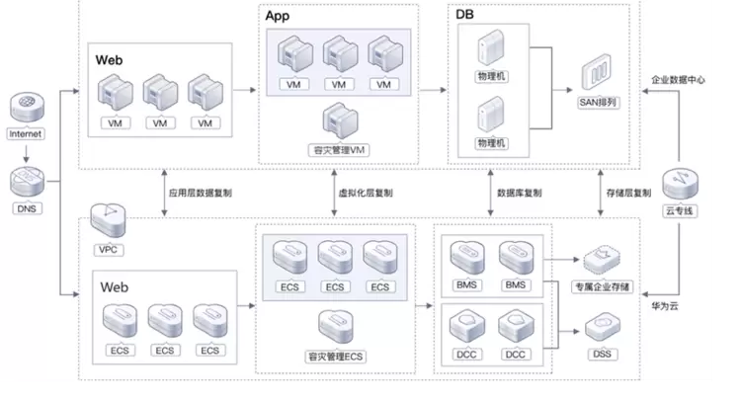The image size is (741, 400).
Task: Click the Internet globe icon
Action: pos(26,107)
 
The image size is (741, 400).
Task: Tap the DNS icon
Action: pos(26,182)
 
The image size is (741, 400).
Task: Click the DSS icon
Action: pos(601,327)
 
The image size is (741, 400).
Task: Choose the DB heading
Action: pos(465,17)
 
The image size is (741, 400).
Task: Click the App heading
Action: pos(279,17)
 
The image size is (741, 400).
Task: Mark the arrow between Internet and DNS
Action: pos(26,152)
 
